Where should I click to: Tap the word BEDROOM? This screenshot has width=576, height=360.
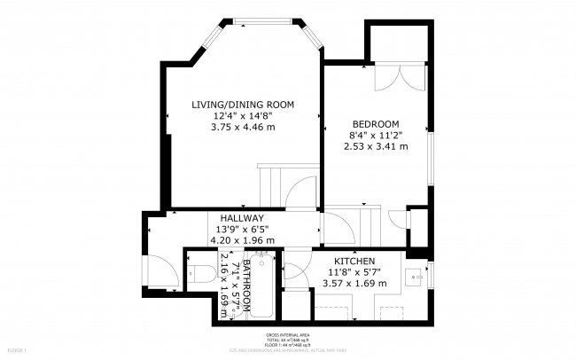(x=376, y=124)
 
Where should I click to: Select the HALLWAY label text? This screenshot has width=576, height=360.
(x=242, y=218)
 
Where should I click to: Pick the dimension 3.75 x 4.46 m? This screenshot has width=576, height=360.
(x=243, y=127)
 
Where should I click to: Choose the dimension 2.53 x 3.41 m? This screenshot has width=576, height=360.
(x=376, y=146)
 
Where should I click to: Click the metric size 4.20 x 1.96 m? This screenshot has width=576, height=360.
(x=242, y=239)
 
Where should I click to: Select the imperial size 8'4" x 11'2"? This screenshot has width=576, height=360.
(x=376, y=135)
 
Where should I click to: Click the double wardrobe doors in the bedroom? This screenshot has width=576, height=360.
(x=392, y=77)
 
